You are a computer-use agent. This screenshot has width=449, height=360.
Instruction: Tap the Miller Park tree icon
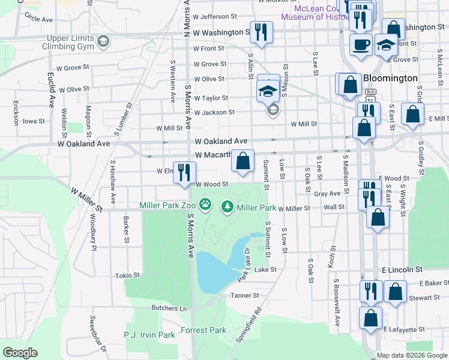(228, 207)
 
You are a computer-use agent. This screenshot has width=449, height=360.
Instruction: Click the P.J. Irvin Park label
(149, 334)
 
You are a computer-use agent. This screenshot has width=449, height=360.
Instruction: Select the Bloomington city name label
(390, 78)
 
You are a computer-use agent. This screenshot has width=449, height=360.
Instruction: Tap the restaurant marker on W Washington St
(261, 31)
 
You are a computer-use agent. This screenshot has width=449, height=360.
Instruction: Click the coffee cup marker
(361, 45)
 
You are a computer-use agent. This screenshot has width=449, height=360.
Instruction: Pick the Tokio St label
(127, 275)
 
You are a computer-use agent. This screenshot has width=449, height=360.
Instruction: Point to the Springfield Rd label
(249, 325)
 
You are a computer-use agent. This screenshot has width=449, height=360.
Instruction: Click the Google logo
(20, 353)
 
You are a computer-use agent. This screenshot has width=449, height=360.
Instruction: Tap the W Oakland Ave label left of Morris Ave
(84, 144)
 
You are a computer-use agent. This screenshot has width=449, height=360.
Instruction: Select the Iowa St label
(34, 121)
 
